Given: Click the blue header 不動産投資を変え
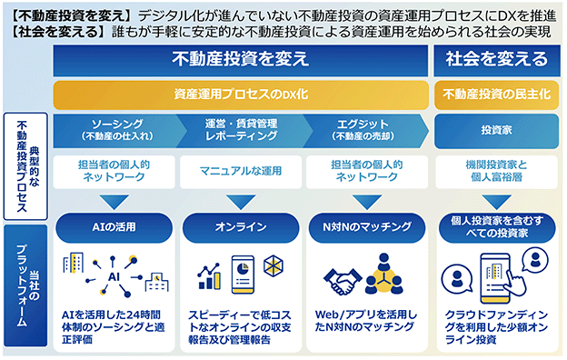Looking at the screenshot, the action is [x=241, y=60].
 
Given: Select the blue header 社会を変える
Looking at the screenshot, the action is [x=496, y=60].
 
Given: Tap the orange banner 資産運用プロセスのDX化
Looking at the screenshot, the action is [x=241, y=95].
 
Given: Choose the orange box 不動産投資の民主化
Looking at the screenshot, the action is [x=496, y=95].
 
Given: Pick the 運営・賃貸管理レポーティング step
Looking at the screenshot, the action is [x=241, y=131].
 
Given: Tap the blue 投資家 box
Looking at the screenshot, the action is [x=496, y=131].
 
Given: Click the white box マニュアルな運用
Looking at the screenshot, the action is [x=241, y=172].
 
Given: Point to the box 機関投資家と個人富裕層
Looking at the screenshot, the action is [x=496, y=172].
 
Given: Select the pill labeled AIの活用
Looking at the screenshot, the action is [x=114, y=227].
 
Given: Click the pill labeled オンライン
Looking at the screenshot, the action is [x=241, y=227].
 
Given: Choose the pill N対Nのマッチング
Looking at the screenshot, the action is [x=367, y=227].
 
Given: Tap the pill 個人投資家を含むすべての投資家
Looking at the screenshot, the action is [x=497, y=227].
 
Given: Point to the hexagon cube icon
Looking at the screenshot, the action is [x=274, y=266].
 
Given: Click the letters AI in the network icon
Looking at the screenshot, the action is [x=114, y=277].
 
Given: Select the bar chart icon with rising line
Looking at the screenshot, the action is [x=209, y=276].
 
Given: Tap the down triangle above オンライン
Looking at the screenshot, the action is [x=241, y=202].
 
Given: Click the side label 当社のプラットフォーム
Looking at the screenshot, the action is [x=25, y=285].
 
